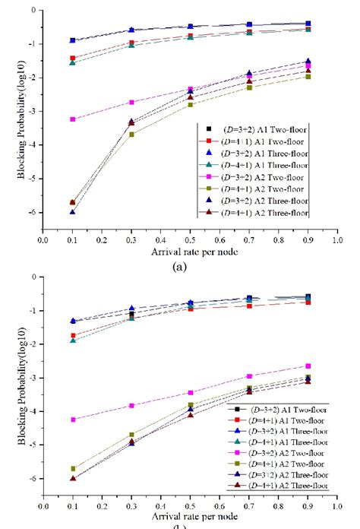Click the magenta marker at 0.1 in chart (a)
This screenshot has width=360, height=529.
[x=72, y=119]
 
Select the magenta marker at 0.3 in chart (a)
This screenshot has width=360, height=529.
[x=131, y=102]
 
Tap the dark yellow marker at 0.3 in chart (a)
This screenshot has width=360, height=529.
[x=131, y=135]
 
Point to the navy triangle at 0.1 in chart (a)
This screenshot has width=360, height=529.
[x=72, y=212]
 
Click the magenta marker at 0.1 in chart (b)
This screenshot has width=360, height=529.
[x=72, y=420]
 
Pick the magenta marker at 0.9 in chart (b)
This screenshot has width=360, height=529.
[x=308, y=366]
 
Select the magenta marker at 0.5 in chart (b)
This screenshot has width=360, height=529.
[x=190, y=393]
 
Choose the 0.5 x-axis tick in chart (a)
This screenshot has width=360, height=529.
[x=190, y=242]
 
